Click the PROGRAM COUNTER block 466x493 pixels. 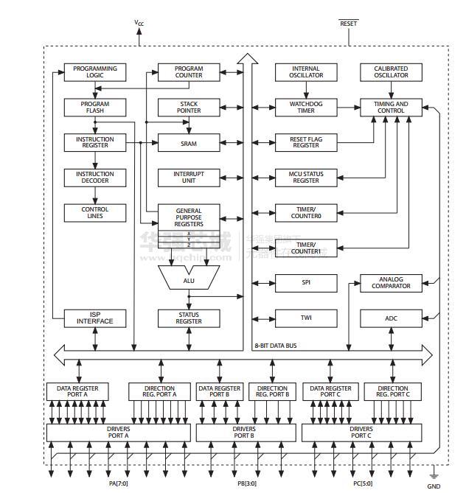pyautogui.click(x=189, y=72)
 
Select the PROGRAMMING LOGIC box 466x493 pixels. pyautogui.click(x=95, y=72)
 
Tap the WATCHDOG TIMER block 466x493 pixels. pyautogui.click(x=306, y=108)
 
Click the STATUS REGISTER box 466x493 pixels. pyautogui.click(x=189, y=318)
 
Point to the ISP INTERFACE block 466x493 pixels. pyautogui.click(x=95, y=318)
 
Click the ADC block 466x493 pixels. pyautogui.click(x=391, y=318)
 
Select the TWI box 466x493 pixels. pyautogui.click(x=306, y=318)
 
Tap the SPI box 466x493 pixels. pyautogui.click(x=306, y=283)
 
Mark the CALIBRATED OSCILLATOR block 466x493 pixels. pyautogui.click(x=391, y=72)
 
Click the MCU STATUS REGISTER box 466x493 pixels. pyautogui.click(x=306, y=178)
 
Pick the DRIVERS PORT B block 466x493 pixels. pyautogui.click(x=243, y=433)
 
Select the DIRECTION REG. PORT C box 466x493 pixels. pyautogui.click(x=392, y=392)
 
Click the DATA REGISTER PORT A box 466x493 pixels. pyautogui.click(x=77, y=392)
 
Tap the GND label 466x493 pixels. pyautogui.click(x=434, y=486)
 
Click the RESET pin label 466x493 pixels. pyautogui.click(x=348, y=24)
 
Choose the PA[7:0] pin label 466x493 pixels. pyautogui.click(x=118, y=483)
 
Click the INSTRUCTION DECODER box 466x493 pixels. pyautogui.click(x=95, y=178)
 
